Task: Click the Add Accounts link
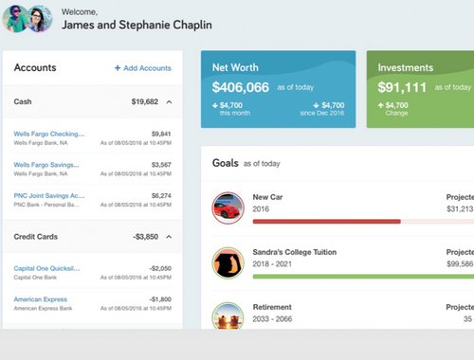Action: [x=143, y=68]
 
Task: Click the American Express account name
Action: [x=41, y=299]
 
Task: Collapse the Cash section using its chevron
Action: [x=168, y=100]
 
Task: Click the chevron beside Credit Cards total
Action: [x=168, y=236]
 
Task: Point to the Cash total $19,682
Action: [x=144, y=100]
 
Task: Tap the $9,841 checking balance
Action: [x=160, y=134]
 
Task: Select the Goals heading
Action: [x=225, y=163]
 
